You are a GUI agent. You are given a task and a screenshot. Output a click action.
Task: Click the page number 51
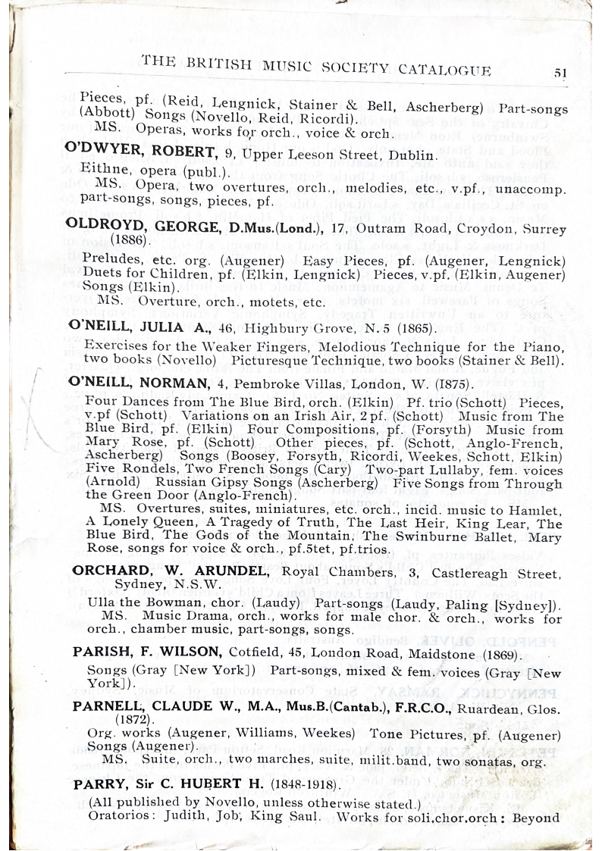point(560,73)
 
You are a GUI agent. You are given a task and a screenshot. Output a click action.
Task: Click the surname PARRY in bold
point(96,784)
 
